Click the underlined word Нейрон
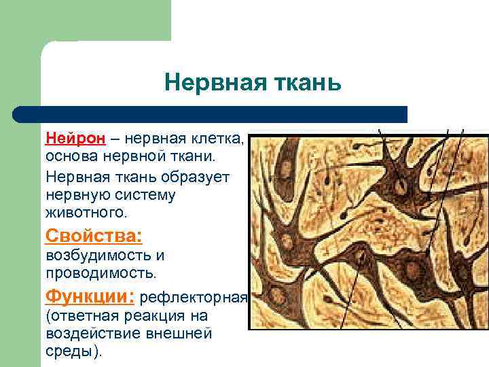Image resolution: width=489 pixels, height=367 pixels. coord(75,139)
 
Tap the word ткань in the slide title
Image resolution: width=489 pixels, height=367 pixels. coord(303,83)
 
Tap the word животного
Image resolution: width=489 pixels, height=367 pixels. coord(86,213)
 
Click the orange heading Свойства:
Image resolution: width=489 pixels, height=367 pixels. coord(94,236)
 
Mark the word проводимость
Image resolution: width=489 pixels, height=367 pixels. coord(101,273)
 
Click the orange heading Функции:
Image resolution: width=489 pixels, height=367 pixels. coord(90,296)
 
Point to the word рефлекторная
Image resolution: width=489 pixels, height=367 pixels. coord(194,298)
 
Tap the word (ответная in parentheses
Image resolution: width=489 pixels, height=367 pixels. coord(81,317)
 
